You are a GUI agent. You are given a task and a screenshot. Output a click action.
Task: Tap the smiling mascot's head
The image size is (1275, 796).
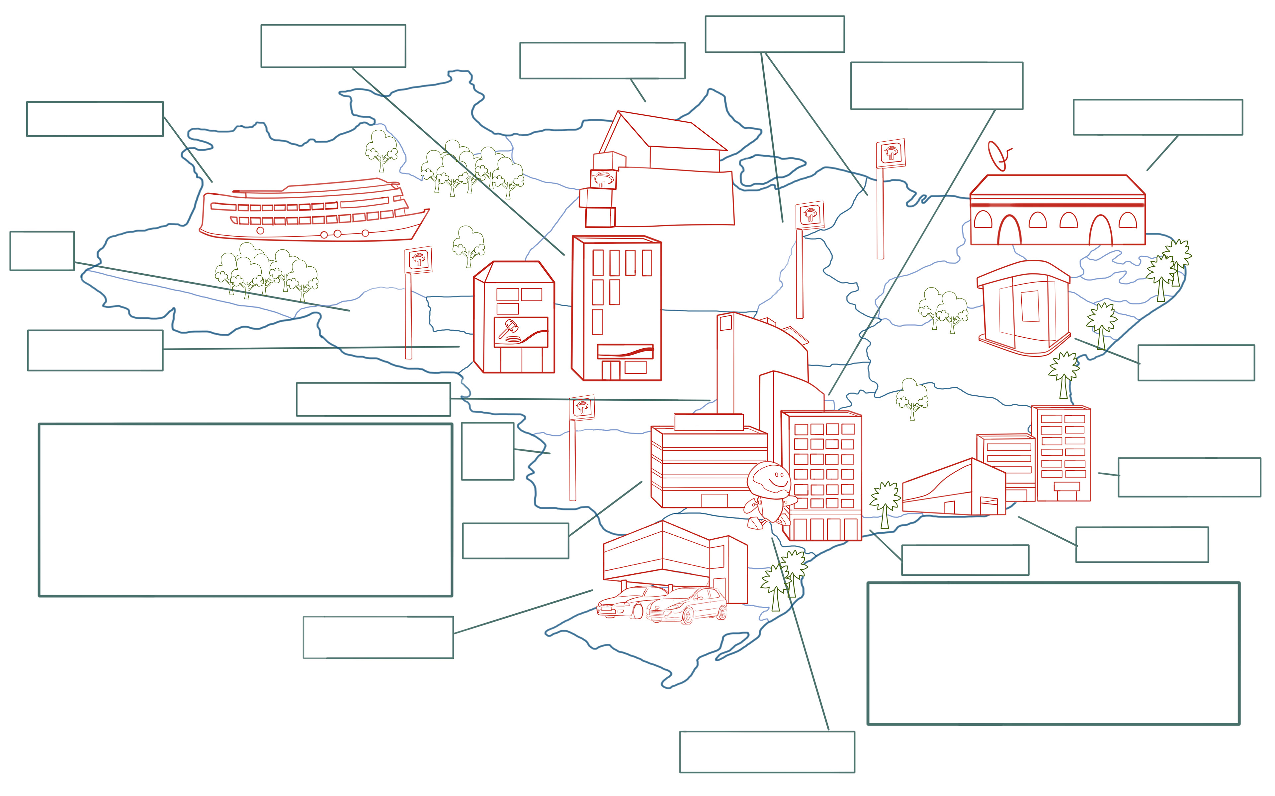(770, 479)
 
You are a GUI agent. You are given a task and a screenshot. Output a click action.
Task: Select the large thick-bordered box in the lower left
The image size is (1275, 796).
(245, 510)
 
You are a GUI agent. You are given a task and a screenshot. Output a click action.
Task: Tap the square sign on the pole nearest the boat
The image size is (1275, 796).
(418, 260)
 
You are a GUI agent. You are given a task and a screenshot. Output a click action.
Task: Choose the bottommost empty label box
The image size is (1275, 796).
(767, 752)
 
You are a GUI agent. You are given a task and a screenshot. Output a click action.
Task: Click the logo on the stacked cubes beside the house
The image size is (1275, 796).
(603, 179)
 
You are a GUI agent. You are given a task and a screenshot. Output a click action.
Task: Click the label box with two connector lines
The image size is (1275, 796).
(775, 34)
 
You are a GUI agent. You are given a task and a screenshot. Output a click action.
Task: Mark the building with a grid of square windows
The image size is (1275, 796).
(821, 474)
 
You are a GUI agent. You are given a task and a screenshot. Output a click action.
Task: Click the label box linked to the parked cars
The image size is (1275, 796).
(378, 637)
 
